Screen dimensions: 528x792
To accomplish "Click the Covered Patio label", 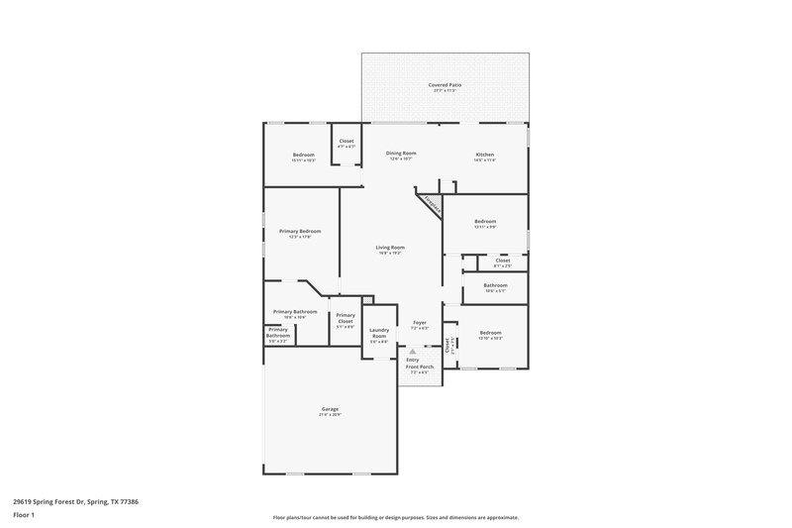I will point(445,85).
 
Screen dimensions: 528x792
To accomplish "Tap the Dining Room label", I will point(401,154).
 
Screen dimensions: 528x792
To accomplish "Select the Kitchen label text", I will point(484,155).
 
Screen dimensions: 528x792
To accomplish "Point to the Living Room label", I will point(390,248).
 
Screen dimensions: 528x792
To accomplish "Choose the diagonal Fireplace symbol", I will point(430,203).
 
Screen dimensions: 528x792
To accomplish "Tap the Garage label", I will point(330,408).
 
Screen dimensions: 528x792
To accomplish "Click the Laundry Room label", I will point(378,334).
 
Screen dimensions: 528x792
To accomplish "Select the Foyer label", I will point(419,323).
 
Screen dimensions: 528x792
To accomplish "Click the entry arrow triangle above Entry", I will point(413,351).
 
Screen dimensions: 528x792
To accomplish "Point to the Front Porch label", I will point(420,367).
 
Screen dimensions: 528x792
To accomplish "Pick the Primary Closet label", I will point(346,318).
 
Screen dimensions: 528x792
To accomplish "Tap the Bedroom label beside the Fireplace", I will point(485,221).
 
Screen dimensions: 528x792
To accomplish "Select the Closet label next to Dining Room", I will point(346,141).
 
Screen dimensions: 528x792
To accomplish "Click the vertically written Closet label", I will point(447,345).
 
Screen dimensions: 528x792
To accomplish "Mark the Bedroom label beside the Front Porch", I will point(491,333).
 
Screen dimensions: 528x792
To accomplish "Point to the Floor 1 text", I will point(25,516).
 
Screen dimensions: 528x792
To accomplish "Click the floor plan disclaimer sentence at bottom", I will point(395,517).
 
